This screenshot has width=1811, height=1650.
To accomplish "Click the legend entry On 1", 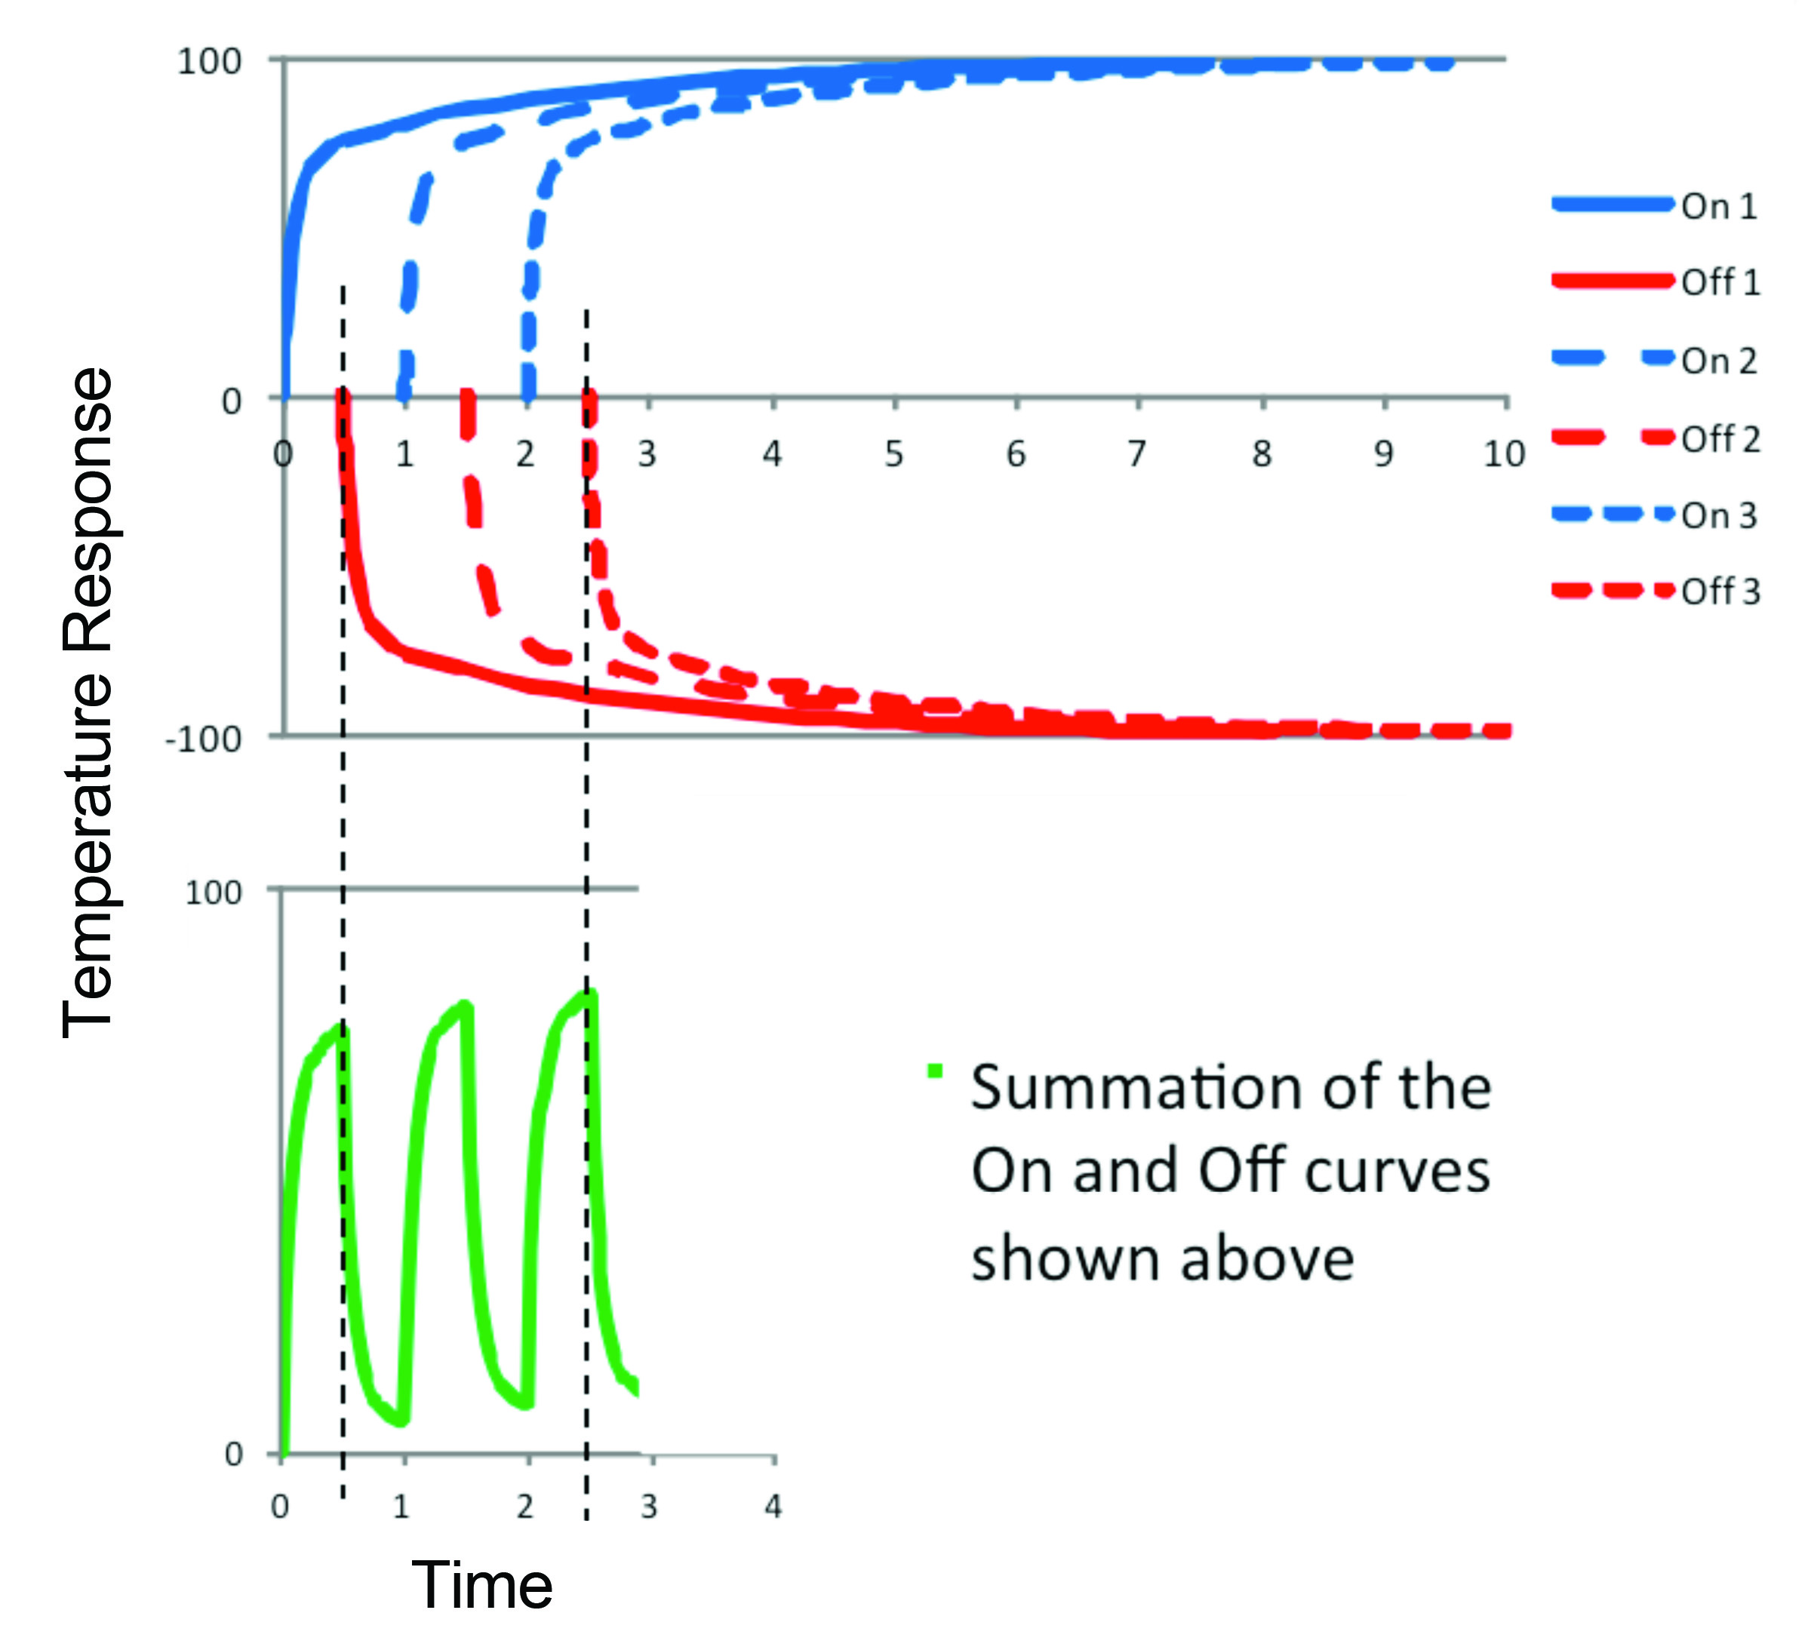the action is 1656,206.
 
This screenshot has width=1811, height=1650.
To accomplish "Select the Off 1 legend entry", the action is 1656,282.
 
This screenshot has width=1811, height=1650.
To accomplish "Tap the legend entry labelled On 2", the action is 1656,360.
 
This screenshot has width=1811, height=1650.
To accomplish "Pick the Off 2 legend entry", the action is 1656,438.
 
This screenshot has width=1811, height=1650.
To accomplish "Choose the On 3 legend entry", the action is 1656,515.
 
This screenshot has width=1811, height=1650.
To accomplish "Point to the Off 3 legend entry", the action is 1656,591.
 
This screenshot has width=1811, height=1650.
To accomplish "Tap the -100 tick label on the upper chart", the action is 204,739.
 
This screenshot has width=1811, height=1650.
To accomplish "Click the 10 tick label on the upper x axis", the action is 1504,453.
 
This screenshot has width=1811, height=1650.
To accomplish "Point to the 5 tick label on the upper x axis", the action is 894,453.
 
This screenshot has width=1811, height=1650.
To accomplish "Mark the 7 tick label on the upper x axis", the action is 1137,453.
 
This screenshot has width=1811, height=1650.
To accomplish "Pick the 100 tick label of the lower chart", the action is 213,892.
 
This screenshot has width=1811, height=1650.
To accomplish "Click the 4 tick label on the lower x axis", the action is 773,1505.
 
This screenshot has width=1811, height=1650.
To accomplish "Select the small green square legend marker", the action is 935,1070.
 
